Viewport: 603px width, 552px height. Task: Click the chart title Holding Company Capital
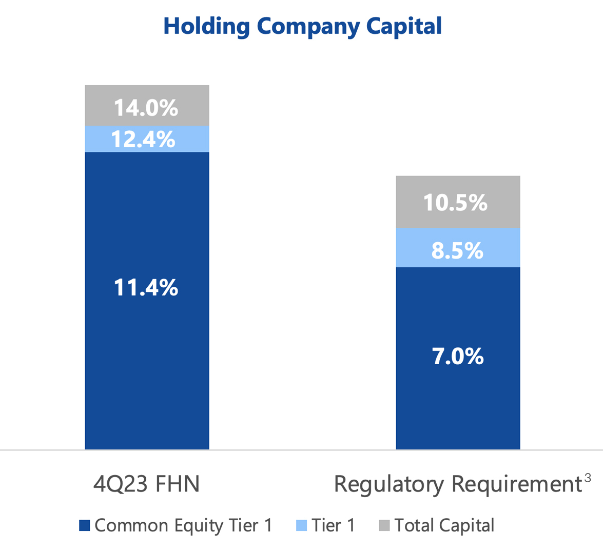[302, 26]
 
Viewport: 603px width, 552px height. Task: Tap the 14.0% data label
[146, 108]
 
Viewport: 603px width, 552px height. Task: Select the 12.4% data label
[144, 140]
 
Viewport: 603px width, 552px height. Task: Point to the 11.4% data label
[146, 288]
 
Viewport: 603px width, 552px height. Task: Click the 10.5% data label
[455, 203]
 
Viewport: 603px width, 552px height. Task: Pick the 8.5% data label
[457, 251]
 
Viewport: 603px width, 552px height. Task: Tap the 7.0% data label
[458, 356]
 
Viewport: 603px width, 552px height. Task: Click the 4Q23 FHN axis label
[146, 484]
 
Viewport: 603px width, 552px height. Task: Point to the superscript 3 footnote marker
[588, 478]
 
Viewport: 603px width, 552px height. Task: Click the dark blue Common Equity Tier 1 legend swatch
[85, 525]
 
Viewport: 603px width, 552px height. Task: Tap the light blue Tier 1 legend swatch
[302, 525]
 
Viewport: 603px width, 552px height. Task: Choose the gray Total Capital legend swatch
[384, 525]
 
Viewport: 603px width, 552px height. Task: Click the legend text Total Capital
[444, 525]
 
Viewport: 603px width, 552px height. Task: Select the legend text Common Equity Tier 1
[183, 525]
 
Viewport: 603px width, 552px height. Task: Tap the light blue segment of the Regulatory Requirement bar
[408, 248]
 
